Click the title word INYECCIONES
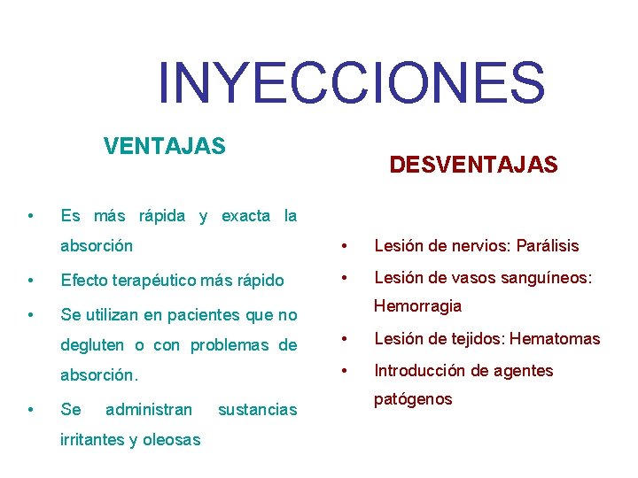351,81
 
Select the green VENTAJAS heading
165,145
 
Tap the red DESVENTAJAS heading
473,165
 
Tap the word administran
148,410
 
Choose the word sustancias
257,410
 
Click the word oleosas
171,440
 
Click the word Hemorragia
417,305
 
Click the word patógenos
413,399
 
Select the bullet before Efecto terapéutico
31,281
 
